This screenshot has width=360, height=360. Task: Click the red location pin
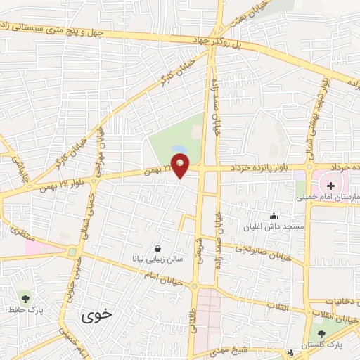click(x=181, y=165)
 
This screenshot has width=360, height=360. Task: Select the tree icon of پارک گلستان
click(x=321, y=335)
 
